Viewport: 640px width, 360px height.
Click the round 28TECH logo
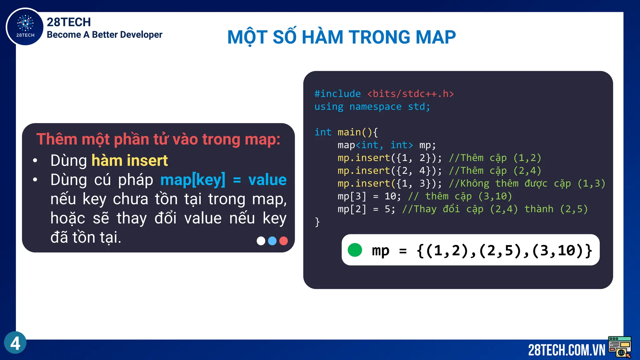(25, 27)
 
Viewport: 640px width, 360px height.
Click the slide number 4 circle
(15, 343)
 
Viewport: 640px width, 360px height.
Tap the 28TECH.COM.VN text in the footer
(566, 350)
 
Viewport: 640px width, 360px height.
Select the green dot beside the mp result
(355, 250)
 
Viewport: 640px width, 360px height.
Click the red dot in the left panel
(283, 241)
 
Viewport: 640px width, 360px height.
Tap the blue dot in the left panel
(272, 241)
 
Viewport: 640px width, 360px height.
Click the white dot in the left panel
(261, 241)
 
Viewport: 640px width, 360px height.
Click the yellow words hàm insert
(129, 161)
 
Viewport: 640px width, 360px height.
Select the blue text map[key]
(192, 180)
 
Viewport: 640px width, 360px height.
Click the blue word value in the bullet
(267, 180)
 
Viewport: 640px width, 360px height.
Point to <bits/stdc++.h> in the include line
(410, 94)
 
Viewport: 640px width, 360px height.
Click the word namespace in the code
(375, 107)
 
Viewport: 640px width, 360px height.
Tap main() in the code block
(355, 132)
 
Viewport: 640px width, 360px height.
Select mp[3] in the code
(352, 196)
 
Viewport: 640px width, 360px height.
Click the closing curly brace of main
(317, 222)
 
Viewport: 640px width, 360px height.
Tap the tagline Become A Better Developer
(104, 35)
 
